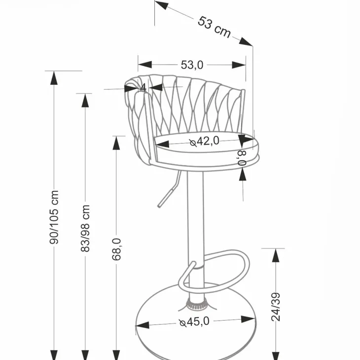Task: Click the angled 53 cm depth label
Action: (214, 27)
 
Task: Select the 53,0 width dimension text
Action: (192, 65)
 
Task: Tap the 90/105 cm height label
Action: (54, 217)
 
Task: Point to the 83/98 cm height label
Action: (85, 228)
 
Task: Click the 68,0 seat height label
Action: (116, 250)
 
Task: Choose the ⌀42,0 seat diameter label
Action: (204, 141)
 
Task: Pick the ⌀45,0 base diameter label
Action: (194, 322)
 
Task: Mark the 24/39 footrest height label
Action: (276, 307)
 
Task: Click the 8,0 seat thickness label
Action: (243, 158)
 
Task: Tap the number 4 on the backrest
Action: (143, 87)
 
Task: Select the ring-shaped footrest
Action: (214, 270)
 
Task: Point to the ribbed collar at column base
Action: (196, 305)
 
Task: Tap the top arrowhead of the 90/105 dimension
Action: (54, 78)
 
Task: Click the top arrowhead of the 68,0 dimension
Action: (116, 143)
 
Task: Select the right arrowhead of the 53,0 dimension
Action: (239, 65)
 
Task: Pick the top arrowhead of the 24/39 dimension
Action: (276, 255)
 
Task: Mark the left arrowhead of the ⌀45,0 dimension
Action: (143, 325)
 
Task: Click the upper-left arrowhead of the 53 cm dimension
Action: (161, 5)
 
